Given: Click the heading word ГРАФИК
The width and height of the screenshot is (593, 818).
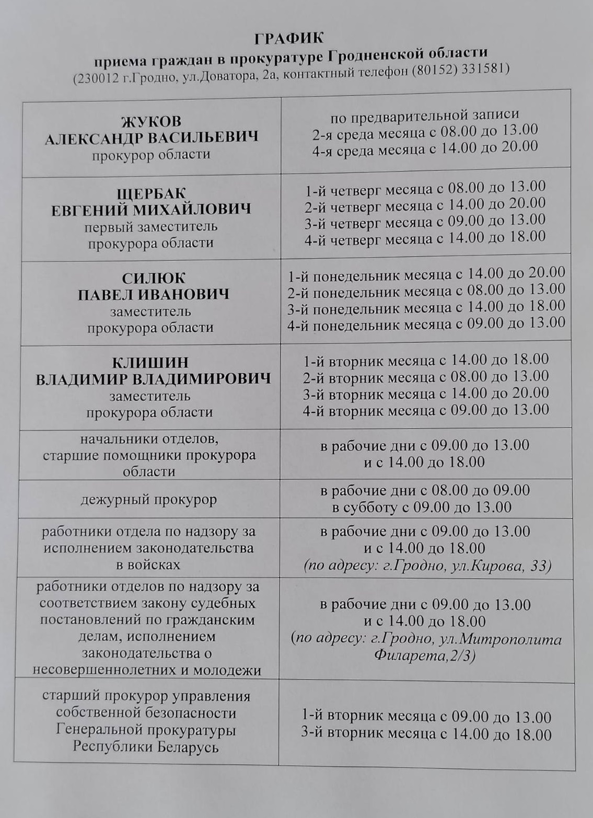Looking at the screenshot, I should pos(289,38).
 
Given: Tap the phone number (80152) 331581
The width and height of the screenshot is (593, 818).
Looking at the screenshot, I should pos(460,70).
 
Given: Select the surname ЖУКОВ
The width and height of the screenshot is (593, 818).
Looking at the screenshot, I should pos(151,121).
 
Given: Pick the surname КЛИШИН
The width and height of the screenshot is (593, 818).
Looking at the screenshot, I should pos(150,363).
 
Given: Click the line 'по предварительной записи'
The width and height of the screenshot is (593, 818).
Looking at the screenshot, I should pos(424,114).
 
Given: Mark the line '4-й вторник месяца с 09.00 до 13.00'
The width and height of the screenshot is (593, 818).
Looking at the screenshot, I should pos(425,410).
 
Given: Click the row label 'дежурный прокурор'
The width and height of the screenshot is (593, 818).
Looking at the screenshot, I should pos(148,500).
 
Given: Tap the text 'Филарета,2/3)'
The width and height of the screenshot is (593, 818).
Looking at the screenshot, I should pos(425,656).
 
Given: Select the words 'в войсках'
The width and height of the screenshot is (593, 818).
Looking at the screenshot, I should pos(148,564).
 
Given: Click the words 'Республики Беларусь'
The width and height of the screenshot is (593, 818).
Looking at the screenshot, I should pos(145,746).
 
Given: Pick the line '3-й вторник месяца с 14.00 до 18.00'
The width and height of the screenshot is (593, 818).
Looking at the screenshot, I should pos(426,734).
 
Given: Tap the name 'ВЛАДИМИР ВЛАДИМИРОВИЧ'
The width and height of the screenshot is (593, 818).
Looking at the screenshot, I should pos(153,379).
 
